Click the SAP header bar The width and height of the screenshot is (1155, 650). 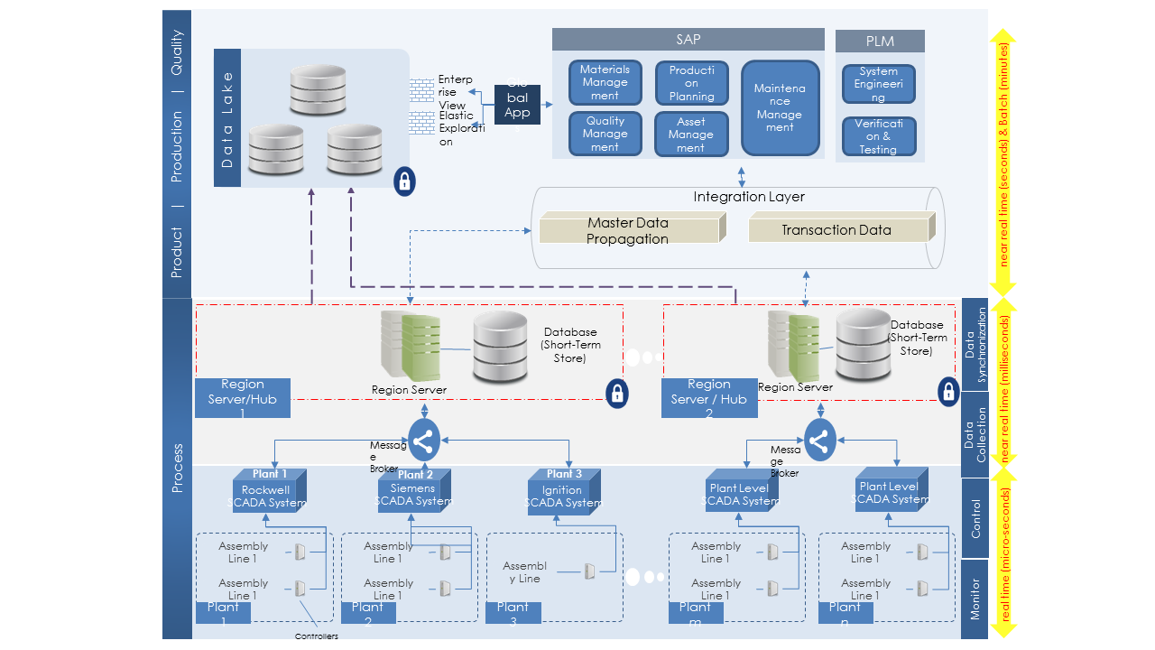(x=688, y=40)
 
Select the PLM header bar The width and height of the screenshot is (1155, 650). (x=880, y=42)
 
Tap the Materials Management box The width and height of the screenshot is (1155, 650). (x=605, y=82)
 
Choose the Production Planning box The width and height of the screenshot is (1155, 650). (x=691, y=83)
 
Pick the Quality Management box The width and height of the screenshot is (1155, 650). (x=605, y=134)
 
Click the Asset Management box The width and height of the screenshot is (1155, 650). (x=691, y=134)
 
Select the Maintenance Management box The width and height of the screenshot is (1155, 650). (x=780, y=107)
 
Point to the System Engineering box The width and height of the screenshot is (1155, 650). (x=878, y=84)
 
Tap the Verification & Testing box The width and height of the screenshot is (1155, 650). (x=878, y=136)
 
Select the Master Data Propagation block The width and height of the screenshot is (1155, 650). (x=629, y=230)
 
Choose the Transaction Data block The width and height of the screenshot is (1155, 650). (x=837, y=230)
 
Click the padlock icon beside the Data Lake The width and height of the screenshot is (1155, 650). (x=405, y=181)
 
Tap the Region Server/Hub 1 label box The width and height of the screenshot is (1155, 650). (x=243, y=398)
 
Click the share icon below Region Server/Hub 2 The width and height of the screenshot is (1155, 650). (x=819, y=441)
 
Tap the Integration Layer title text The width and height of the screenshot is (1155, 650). (x=749, y=197)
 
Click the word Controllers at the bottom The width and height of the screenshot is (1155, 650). (x=317, y=636)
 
